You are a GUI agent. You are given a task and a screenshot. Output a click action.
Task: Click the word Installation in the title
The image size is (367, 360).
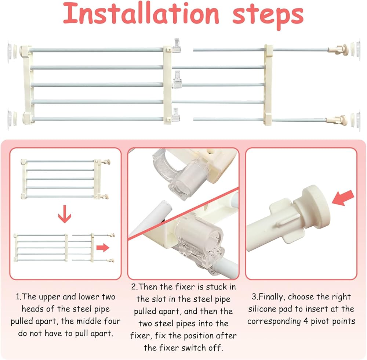141,13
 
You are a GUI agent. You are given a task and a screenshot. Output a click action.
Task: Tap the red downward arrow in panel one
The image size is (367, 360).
65,214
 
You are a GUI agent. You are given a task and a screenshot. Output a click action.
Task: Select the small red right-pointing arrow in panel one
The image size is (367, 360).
103,248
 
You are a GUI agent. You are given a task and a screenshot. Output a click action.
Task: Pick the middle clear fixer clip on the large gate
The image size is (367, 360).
177,80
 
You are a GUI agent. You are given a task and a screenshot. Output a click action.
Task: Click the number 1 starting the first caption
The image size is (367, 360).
18,297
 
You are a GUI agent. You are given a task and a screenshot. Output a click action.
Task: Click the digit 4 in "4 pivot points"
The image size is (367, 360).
306,321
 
